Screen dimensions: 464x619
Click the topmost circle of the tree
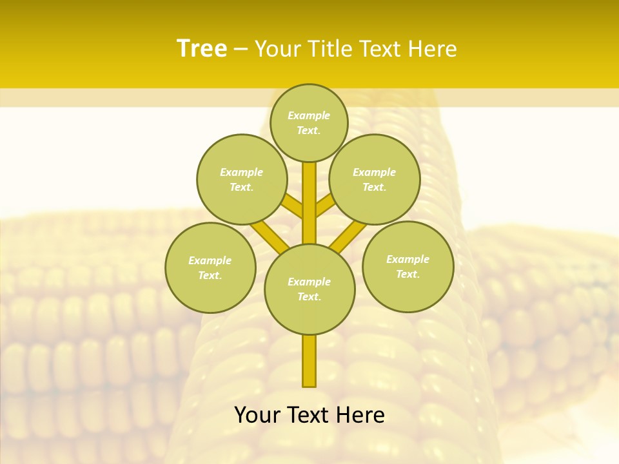(309, 122)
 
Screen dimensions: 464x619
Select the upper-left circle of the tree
(242, 179)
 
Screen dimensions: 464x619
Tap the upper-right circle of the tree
(375, 179)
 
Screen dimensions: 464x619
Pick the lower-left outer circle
(210, 267)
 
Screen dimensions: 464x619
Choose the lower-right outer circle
(408, 266)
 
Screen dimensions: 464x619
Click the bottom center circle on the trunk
(309, 289)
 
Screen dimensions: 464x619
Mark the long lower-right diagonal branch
(348, 237)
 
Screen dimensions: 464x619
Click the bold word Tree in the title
(202, 49)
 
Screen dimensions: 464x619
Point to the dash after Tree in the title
(241, 49)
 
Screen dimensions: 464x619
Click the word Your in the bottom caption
(257, 415)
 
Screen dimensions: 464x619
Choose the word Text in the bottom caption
(306, 415)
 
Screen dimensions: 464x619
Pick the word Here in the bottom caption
(359, 415)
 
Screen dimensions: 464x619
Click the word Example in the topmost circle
(309, 116)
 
